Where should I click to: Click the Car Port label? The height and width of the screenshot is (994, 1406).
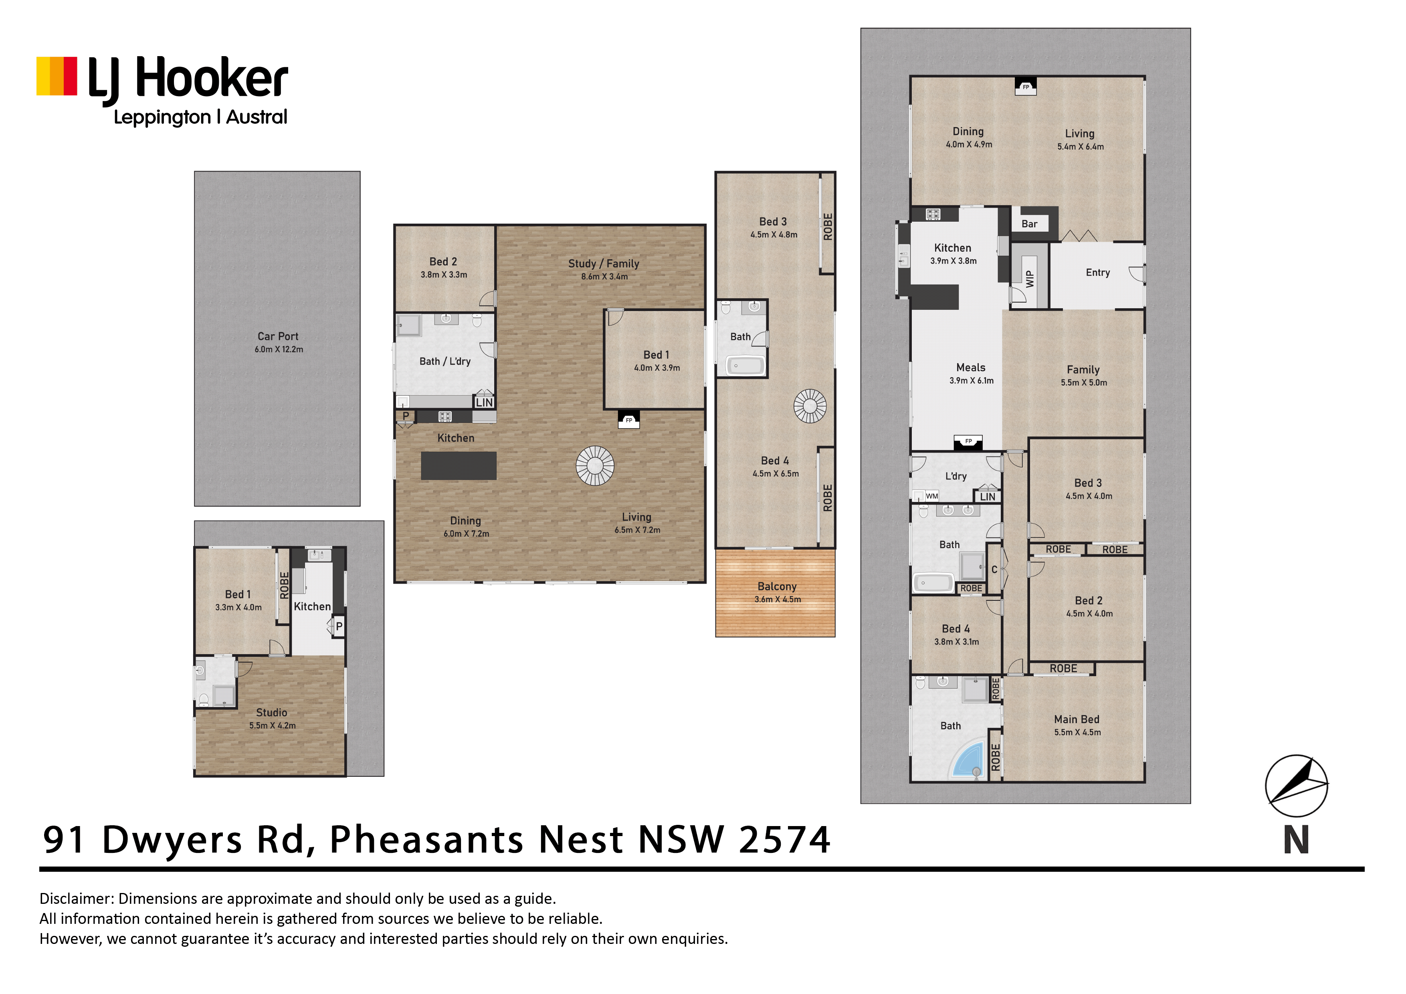(278, 336)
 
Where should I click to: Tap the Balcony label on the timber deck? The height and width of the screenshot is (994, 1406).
(777, 587)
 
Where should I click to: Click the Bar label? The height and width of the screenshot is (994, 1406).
(1029, 224)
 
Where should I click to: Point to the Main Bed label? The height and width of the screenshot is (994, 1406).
(1077, 719)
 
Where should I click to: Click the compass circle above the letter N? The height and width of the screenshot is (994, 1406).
(1297, 786)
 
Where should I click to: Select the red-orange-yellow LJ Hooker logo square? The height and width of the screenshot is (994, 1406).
(57, 77)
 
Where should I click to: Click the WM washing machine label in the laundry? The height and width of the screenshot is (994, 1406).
(932, 496)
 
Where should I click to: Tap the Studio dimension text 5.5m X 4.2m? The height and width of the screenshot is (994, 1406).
(273, 726)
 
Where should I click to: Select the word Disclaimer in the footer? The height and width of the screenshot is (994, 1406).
(77, 899)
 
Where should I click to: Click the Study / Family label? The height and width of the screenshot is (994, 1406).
(604, 263)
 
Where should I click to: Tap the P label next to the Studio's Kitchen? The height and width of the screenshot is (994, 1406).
(339, 626)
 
